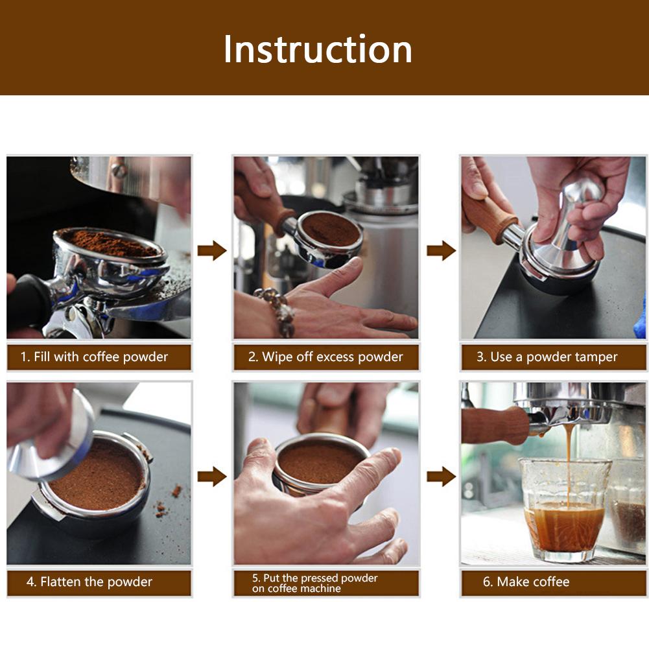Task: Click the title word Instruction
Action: tap(318, 49)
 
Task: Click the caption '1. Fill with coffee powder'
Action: tap(95, 357)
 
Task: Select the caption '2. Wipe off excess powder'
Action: tap(325, 357)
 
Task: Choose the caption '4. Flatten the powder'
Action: tap(89, 582)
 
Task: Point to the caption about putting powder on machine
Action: tap(315, 583)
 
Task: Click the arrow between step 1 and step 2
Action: tap(211, 251)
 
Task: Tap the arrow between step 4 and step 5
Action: tap(211, 477)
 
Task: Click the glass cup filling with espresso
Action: tap(564, 512)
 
